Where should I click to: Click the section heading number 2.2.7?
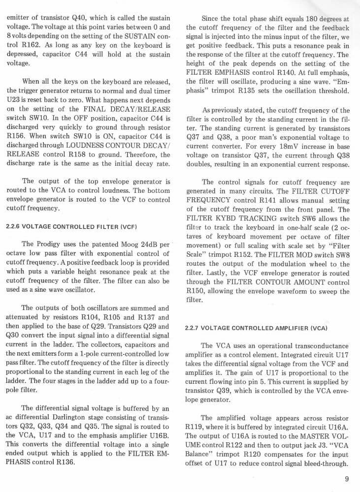pos(194,328)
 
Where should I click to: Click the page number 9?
pos(348,480)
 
